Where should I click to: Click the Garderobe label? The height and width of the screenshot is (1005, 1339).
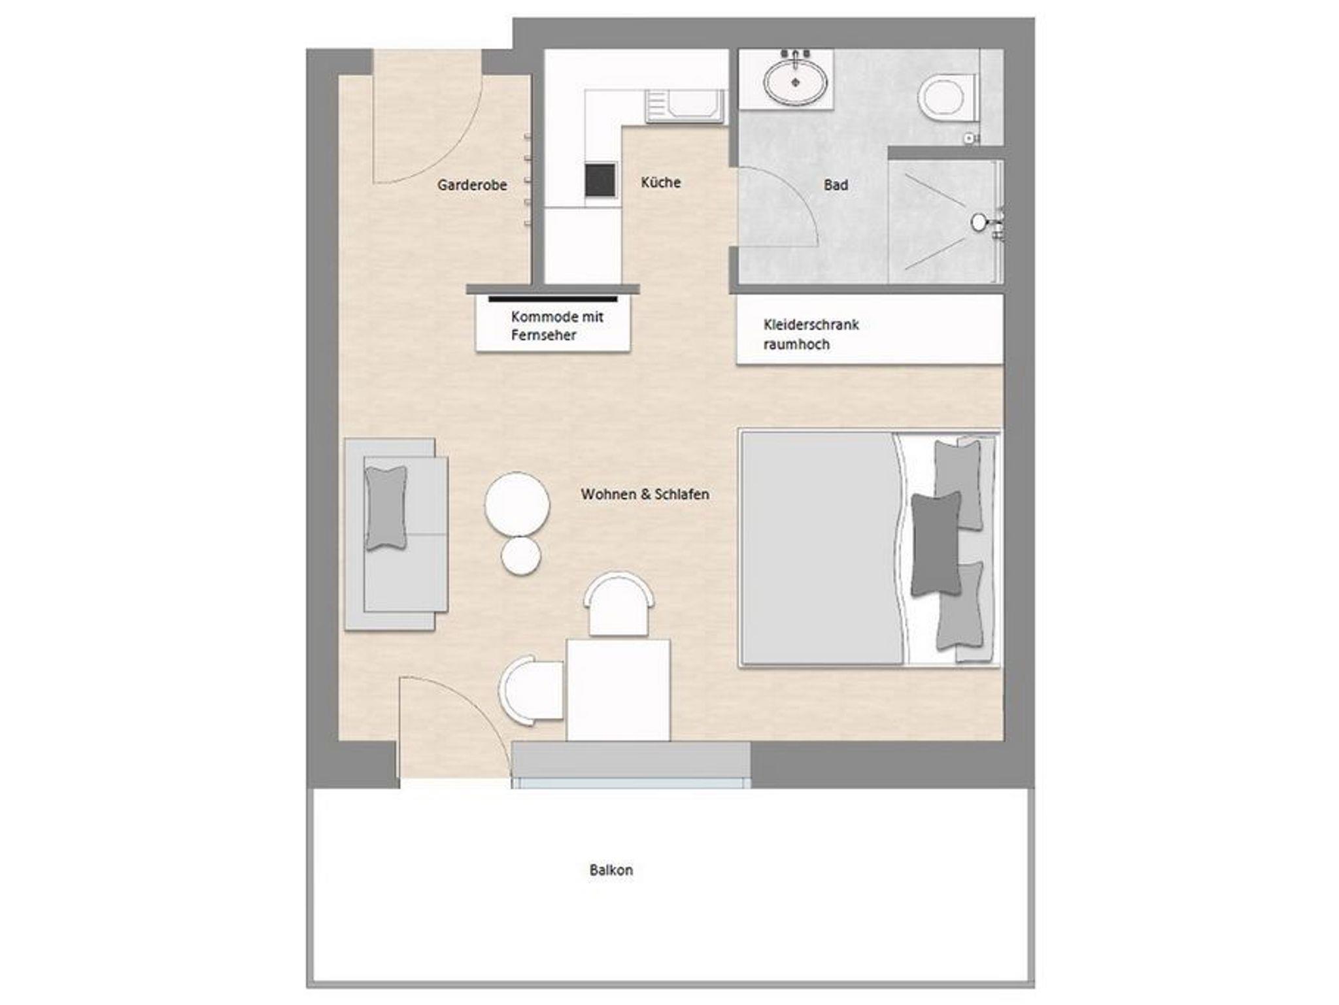(x=472, y=185)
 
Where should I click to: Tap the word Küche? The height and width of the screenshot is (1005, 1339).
(x=660, y=182)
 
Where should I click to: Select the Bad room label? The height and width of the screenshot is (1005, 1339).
(x=836, y=185)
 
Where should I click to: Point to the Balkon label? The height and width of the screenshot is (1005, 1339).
(x=611, y=870)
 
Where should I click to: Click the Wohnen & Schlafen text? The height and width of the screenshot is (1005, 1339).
(x=645, y=494)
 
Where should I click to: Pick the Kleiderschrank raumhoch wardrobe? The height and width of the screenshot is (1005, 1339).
(x=870, y=329)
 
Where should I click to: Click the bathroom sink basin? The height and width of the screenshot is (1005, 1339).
(x=796, y=82)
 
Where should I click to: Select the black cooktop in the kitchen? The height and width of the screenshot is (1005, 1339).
(x=600, y=180)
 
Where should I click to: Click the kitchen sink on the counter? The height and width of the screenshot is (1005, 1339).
(x=685, y=107)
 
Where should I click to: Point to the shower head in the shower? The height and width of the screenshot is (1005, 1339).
(x=979, y=222)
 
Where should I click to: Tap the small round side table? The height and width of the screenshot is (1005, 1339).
(x=521, y=556)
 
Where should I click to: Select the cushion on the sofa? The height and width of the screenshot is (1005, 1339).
(x=386, y=508)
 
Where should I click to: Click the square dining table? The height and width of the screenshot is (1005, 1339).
(x=619, y=690)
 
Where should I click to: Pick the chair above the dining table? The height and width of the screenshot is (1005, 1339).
(x=619, y=604)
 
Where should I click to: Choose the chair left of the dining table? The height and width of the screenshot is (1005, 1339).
(x=532, y=690)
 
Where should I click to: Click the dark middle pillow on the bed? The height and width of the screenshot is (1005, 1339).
(x=936, y=544)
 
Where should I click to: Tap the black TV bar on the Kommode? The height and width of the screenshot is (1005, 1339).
(x=552, y=299)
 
